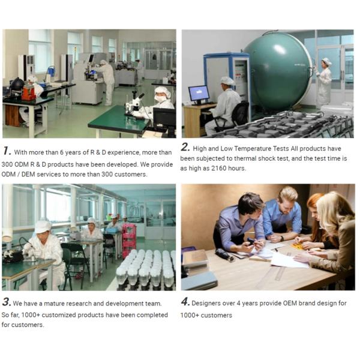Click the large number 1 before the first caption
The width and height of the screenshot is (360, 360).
point(7,151)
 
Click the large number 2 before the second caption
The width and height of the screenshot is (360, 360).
point(185,147)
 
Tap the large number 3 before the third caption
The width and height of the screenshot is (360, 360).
point(7,302)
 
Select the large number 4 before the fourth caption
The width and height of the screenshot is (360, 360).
point(185,301)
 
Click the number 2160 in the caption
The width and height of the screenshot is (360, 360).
point(219,168)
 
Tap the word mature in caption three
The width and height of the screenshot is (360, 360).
point(53,304)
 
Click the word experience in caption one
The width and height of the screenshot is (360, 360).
point(124,152)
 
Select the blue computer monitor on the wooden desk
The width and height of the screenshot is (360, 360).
point(199,94)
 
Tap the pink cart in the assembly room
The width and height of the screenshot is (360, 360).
point(129,241)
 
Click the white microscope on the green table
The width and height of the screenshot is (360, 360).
point(134,105)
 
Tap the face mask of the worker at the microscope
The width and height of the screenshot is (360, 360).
point(160,98)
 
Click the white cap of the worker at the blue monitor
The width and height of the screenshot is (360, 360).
point(227,80)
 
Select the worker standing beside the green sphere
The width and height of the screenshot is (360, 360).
point(324,83)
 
